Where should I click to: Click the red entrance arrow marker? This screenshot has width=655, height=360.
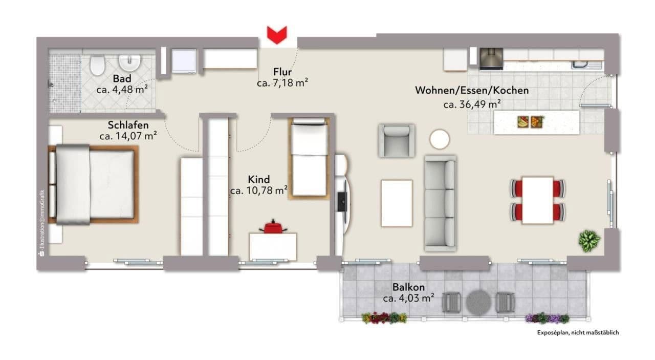(277, 35)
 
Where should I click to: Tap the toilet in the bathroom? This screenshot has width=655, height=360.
(97, 65)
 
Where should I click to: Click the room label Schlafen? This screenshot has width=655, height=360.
(128, 125)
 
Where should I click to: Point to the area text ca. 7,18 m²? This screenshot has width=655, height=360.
(282, 83)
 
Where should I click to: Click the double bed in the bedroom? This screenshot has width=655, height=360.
(95, 184)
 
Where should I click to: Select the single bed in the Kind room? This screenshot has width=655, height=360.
(309, 158)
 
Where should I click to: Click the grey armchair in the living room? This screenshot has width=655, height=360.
(396, 140)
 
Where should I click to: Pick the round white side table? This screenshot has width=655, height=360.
(439, 139)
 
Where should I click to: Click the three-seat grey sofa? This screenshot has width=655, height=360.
(441, 203)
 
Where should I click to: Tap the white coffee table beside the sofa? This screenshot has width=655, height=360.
(397, 203)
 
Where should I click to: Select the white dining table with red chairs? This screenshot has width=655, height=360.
(537, 200)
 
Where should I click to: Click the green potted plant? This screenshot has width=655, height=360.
(589, 240)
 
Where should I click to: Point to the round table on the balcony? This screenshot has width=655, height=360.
(477, 302)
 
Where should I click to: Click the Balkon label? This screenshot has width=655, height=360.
(408, 287)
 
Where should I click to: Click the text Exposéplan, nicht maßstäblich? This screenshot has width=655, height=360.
(578, 333)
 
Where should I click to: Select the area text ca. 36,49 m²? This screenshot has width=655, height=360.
(472, 104)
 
